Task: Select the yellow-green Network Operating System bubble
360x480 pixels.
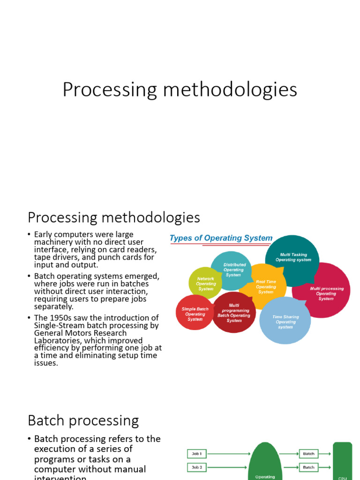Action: point(205,284)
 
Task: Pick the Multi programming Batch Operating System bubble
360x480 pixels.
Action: point(234,313)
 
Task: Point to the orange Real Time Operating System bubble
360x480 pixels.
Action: point(266,286)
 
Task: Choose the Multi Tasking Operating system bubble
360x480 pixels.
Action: point(293,258)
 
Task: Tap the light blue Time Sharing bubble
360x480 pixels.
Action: point(285,322)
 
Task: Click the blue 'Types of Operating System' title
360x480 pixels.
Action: point(221,238)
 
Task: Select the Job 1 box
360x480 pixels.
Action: point(197,454)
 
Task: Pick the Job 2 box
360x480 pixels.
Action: point(197,467)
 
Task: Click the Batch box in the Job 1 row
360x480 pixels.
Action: point(308,454)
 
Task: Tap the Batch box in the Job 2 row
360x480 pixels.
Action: point(308,467)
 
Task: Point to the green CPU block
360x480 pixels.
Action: point(343,462)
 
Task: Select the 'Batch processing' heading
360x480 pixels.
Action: point(83,420)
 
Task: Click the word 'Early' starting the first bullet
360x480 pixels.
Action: point(45,234)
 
